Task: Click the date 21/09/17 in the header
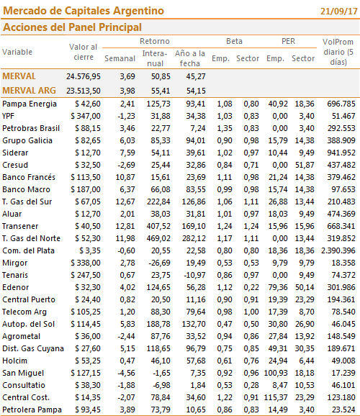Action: pyautogui.click(x=339, y=11)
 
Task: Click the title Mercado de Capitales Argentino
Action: pyautogui.click(x=84, y=11)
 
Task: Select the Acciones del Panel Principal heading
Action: pyautogui.click(x=72, y=27)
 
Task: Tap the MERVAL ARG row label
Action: pyautogui.click(x=29, y=91)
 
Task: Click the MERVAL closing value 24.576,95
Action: pyautogui.click(x=84, y=76)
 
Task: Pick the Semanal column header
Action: pyautogui.click(x=120, y=58)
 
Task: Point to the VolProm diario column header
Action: pyautogui.click(x=338, y=52)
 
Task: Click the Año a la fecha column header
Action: pyautogui.click(x=190, y=58)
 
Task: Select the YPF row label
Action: pyautogui.click(x=8, y=116)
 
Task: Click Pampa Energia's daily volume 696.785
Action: pyautogui.click(x=341, y=104)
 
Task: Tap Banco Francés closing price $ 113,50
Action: pyautogui.click(x=86, y=177)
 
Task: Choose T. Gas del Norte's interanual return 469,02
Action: pyautogui.click(x=158, y=238)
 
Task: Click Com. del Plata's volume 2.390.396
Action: pyautogui.click(x=338, y=250)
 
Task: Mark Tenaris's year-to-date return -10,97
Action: pyautogui.click(x=194, y=275)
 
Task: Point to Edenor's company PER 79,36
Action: pyautogui.click(x=278, y=287)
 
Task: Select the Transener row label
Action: pyautogui.click(x=20, y=226)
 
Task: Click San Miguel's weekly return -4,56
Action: pyautogui.click(x=127, y=373)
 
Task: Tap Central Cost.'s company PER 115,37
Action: pyautogui.click(x=276, y=397)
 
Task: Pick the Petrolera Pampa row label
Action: pyautogui.click(x=32, y=410)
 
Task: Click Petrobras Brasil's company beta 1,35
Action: pyautogui.click(x=225, y=128)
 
